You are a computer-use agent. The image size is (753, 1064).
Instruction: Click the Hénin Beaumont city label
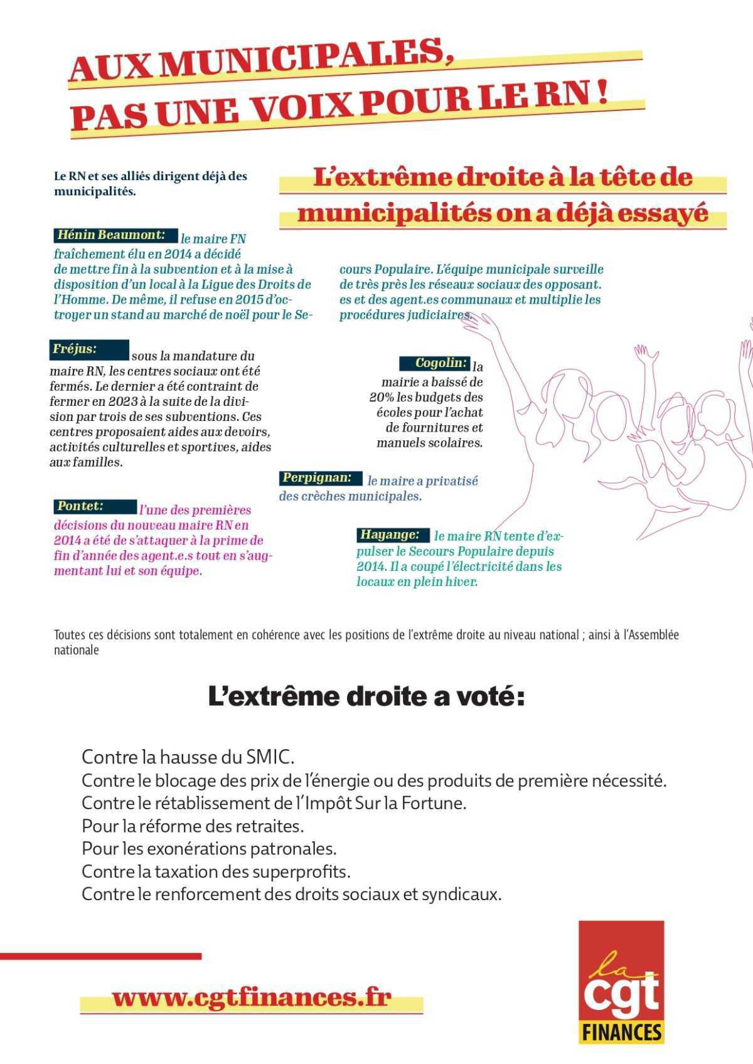[x=111, y=236]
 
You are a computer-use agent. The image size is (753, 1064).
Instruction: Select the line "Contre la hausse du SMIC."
[x=188, y=757]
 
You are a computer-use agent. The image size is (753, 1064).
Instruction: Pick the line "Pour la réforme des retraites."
[x=193, y=826]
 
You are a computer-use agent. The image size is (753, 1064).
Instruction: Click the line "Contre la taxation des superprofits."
[x=216, y=871]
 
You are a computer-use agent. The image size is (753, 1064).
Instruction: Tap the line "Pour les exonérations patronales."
[x=209, y=849]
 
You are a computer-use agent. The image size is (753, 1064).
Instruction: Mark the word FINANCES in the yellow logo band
[x=622, y=1031]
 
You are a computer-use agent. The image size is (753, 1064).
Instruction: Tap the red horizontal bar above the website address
[x=100, y=956]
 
